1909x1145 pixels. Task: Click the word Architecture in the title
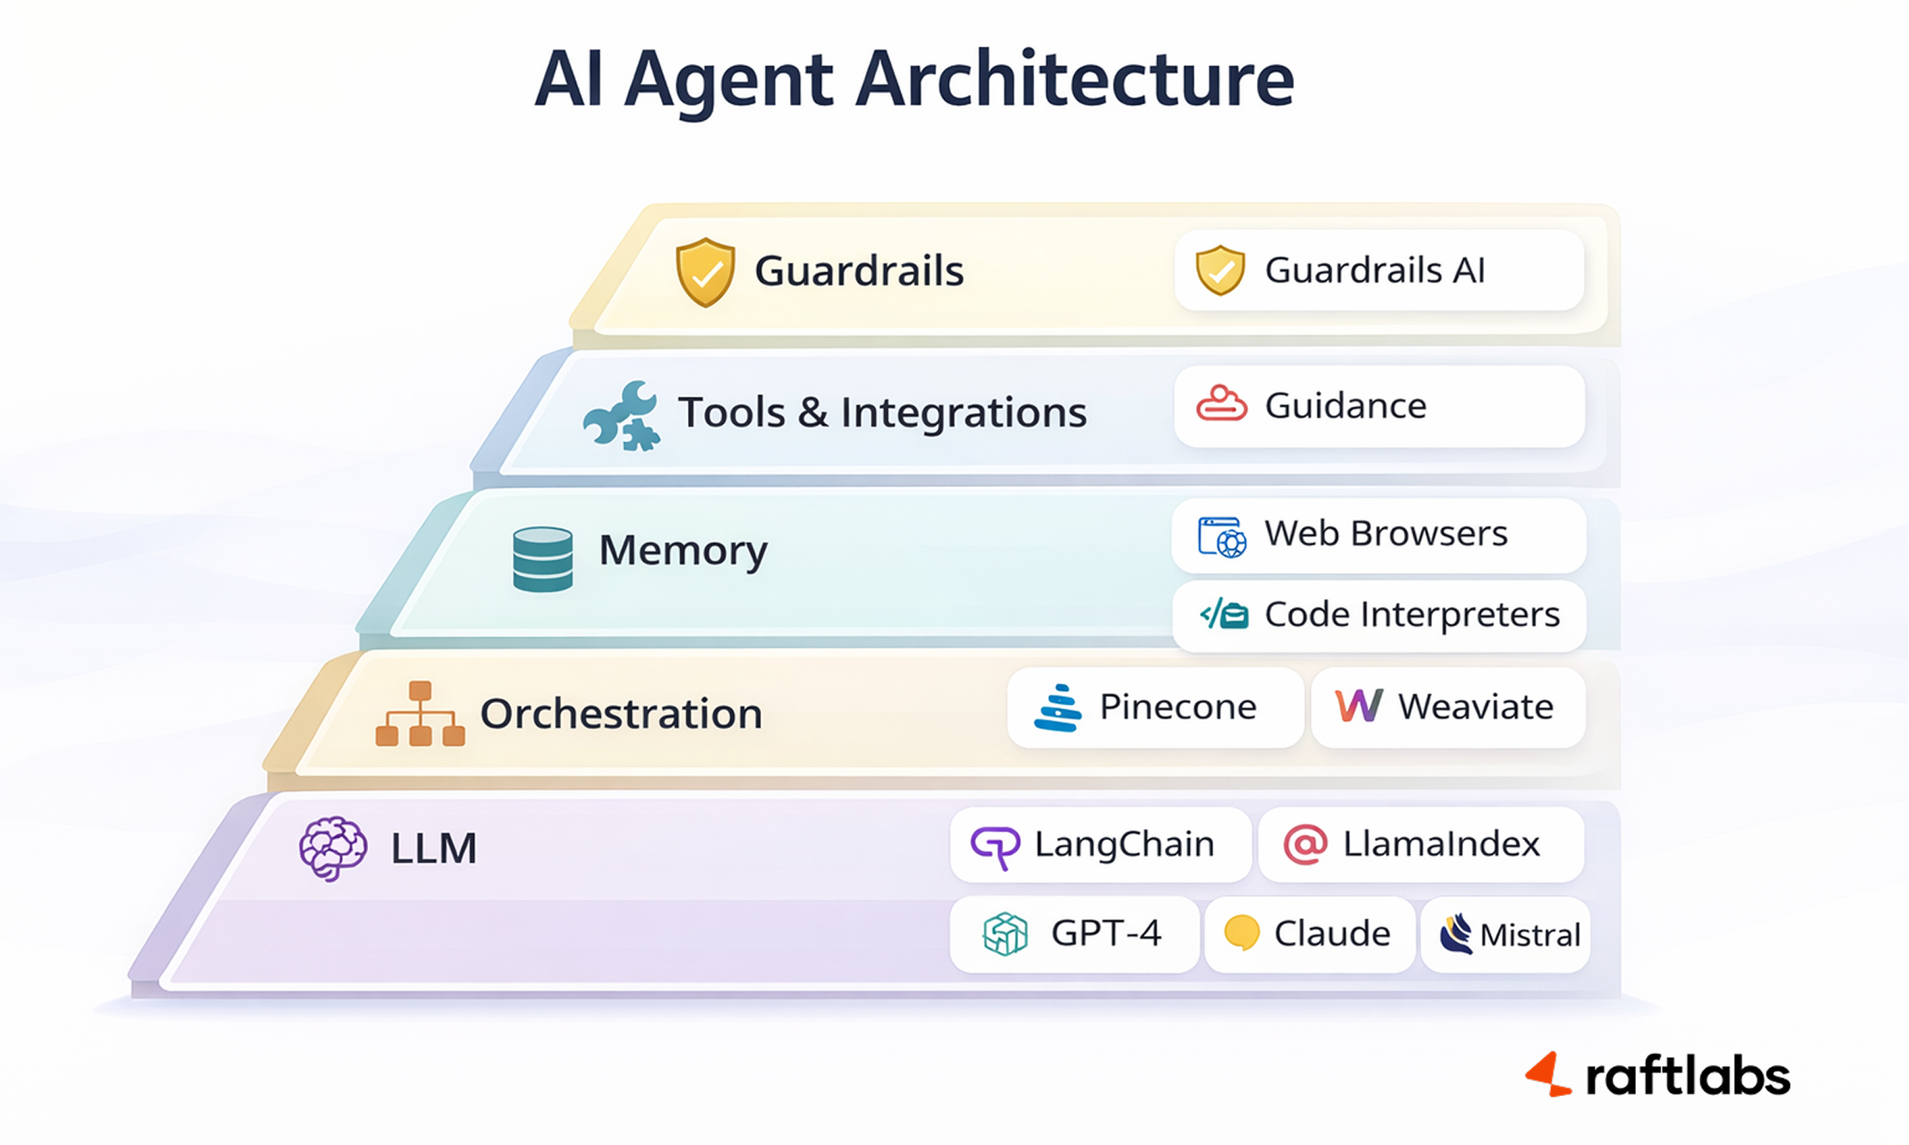pyautogui.click(x=1074, y=79)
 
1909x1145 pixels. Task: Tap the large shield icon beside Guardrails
pyautogui.click(x=705, y=271)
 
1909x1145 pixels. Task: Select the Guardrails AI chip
pyautogui.click(x=1378, y=271)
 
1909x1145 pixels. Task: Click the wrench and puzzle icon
pyautogui.click(x=622, y=415)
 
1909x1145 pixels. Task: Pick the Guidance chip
pyautogui.click(x=1378, y=406)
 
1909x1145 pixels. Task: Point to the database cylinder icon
pyautogui.click(x=542, y=559)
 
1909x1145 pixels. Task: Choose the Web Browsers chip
pyautogui.click(x=1378, y=535)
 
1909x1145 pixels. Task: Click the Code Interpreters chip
pyautogui.click(x=1378, y=615)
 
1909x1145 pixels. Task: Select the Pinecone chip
pyautogui.click(x=1155, y=707)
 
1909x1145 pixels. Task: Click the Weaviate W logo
pyautogui.click(x=1359, y=706)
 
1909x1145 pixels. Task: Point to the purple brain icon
pyautogui.click(x=333, y=848)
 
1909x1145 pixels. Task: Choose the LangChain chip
pyautogui.click(x=1100, y=845)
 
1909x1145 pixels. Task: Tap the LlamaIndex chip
pyautogui.click(x=1420, y=845)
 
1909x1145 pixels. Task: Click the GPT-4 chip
pyautogui.click(x=1074, y=934)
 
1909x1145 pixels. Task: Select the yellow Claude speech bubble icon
pyautogui.click(x=1241, y=933)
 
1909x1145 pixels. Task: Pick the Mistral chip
pyautogui.click(x=1505, y=935)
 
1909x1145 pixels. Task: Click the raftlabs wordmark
pyautogui.click(x=1686, y=1077)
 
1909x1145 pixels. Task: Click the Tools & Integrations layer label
pyautogui.click(x=882, y=413)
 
